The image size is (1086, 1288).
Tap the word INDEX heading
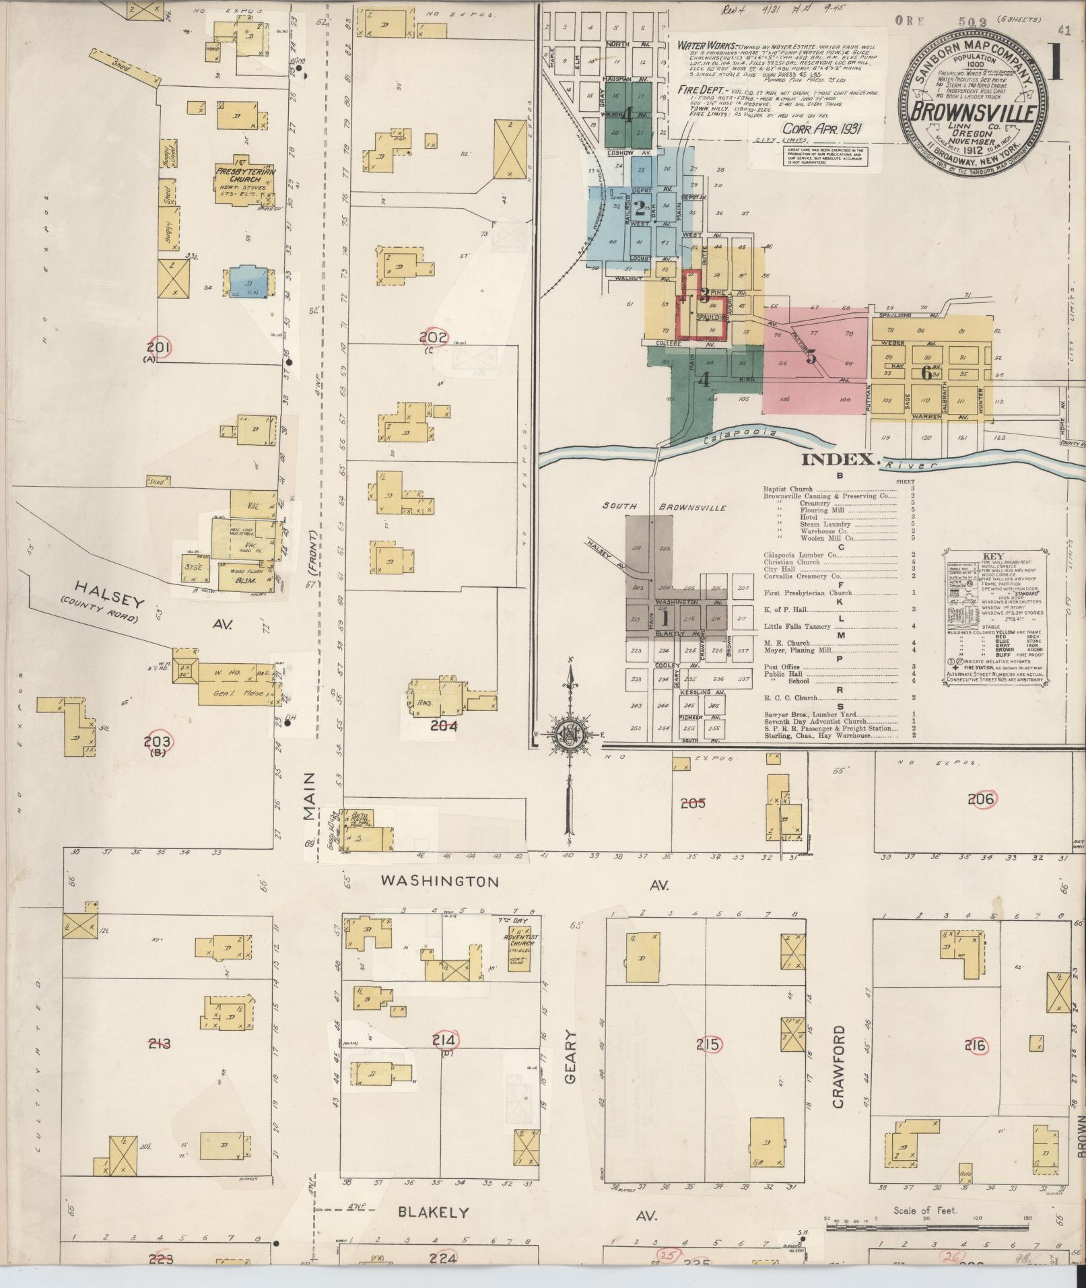[840, 461]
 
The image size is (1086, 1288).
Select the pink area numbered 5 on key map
[812, 357]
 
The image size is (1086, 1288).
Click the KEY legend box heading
[993, 555]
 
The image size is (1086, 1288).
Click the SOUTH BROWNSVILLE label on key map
[665, 507]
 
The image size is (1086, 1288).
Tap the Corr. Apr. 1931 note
[823, 127]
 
